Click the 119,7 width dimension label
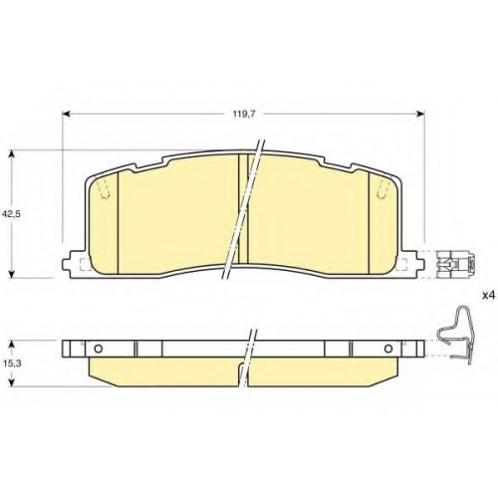point(243,115)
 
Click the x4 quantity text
point(488,296)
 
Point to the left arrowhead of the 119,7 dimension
point(66,115)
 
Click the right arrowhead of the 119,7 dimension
point(421,115)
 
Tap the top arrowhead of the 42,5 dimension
point(12,154)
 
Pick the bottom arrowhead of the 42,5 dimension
point(12,274)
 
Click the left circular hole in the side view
point(99,349)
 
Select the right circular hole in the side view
point(388,349)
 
